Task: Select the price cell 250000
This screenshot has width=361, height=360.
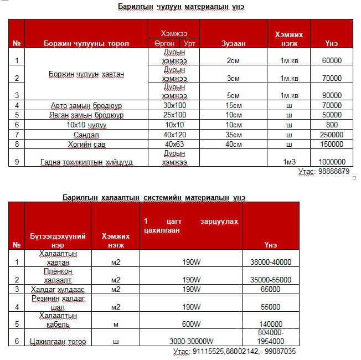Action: pos(331,135)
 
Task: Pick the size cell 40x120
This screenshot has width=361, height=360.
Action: pos(174,135)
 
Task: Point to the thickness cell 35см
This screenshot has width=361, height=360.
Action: pos(233,135)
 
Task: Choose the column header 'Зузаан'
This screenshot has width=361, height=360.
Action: pos(233,44)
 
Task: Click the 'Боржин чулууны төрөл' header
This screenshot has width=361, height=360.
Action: pos(86,44)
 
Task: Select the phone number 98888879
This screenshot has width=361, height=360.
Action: pos(329,172)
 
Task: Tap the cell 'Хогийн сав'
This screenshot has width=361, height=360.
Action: pos(86,144)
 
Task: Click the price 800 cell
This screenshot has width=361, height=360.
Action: pos(331,125)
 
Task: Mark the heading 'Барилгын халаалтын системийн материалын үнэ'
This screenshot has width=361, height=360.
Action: pos(154,197)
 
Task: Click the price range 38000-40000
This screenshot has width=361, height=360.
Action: pos(271,262)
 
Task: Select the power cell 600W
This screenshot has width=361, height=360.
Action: pos(191,324)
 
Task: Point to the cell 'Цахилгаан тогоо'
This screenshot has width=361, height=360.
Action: pos(58,342)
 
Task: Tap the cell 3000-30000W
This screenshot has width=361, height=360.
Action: pos(191,342)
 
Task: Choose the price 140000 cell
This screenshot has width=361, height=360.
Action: pos(271,324)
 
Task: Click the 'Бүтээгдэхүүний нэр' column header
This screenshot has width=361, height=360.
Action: pos(58,240)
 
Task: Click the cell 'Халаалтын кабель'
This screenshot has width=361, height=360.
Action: pos(58,320)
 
